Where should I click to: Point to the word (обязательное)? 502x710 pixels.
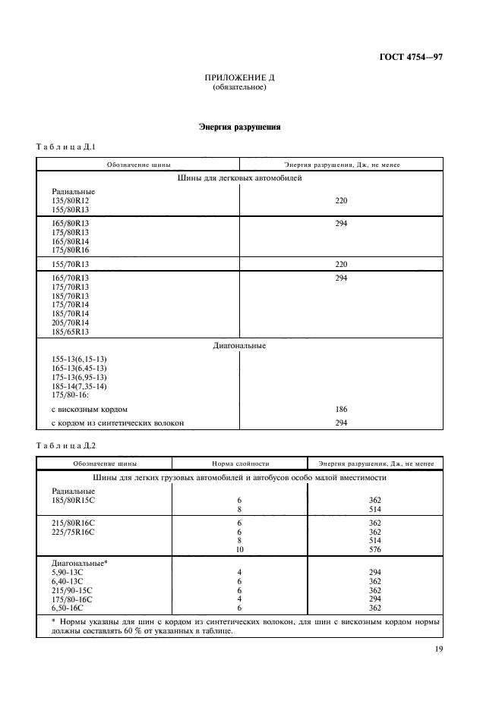(x=239, y=88)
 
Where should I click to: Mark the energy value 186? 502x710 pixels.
(x=341, y=409)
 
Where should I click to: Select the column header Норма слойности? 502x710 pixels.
(x=239, y=463)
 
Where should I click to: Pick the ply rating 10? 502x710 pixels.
(x=239, y=550)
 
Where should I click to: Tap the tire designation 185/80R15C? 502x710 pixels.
(x=73, y=501)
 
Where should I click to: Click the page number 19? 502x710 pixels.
(x=438, y=649)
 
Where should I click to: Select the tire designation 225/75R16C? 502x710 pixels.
(x=73, y=532)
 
